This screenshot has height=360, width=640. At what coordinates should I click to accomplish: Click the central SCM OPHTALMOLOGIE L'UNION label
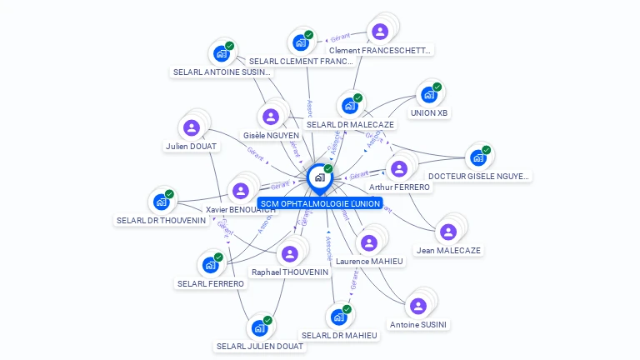(x=318, y=203)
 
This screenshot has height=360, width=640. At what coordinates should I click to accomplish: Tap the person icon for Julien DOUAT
(x=192, y=127)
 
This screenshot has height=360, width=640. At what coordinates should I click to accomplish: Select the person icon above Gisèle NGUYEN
(x=270, y=117)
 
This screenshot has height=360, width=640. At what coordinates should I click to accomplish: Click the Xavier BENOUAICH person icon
(x=241, y=191)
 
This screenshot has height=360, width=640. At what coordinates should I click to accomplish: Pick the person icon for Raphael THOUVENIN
(x=290, y=253)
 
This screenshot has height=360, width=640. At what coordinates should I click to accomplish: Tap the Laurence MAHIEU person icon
(x=369, y=242)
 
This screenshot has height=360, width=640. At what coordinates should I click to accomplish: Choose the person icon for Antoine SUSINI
(x=418, y=306)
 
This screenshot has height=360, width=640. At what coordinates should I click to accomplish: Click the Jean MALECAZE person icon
(x=448, y=232)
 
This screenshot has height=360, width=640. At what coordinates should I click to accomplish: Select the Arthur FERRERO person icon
(x=399, y=168)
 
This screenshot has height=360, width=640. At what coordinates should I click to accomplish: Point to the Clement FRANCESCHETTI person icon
(x=380, y=32)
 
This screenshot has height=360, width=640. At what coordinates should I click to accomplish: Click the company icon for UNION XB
(x=429, y=94)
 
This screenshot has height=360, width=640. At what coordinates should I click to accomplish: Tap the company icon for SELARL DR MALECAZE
(x=350, y=106)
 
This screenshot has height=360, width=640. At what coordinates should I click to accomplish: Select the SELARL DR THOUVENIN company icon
(x=161, y=202)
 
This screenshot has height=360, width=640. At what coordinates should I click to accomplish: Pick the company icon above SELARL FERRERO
(x=210, y=265)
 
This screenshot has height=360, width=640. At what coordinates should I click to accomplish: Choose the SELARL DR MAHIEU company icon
(x=338, y=317)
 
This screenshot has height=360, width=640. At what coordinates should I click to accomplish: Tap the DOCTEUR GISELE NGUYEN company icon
(x=477, y=157)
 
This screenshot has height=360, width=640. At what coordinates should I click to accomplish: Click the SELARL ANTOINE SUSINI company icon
(x=221, y=53)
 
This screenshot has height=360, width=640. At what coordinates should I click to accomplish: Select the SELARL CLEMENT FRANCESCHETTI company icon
(x=300, y=42)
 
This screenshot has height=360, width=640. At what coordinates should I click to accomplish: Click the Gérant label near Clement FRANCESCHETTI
(x=340, y=37)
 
